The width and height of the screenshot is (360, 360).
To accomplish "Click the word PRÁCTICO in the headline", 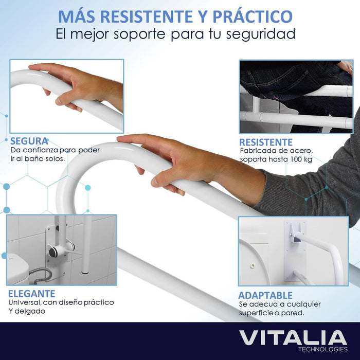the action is (253, 16).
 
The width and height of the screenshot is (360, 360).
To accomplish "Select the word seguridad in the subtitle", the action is (261, 34).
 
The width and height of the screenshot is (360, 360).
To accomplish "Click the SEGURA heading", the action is (29, 141).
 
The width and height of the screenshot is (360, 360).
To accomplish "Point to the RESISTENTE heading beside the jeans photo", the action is (266, 142).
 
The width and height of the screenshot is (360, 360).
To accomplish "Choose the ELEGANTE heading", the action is (32, 294).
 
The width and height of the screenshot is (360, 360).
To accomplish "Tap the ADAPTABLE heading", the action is (265, 295).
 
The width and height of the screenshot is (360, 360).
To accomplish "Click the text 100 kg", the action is (301, 159).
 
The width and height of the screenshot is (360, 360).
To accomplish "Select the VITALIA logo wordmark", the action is (293, 338).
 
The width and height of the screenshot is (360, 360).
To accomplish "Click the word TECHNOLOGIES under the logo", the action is (323, 349).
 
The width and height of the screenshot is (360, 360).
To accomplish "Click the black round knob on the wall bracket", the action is (53, 252).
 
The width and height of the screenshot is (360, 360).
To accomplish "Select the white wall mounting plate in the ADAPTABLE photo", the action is (295, 251).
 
